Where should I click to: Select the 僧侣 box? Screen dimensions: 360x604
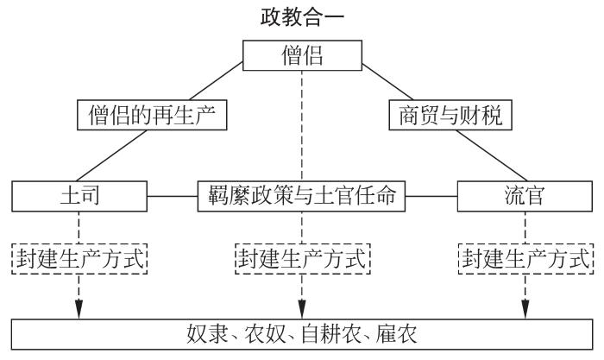click(301, 56)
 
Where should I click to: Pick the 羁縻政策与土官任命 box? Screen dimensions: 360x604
click(301, 196)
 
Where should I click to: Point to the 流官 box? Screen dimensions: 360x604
click(526, 196)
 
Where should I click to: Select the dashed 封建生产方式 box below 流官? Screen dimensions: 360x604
click(526, 257)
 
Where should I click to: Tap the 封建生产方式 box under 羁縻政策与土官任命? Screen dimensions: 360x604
click(301, 257)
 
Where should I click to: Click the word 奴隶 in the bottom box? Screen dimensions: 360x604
click(203, 333)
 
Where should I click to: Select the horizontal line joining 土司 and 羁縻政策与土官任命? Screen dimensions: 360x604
click(172, 196)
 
